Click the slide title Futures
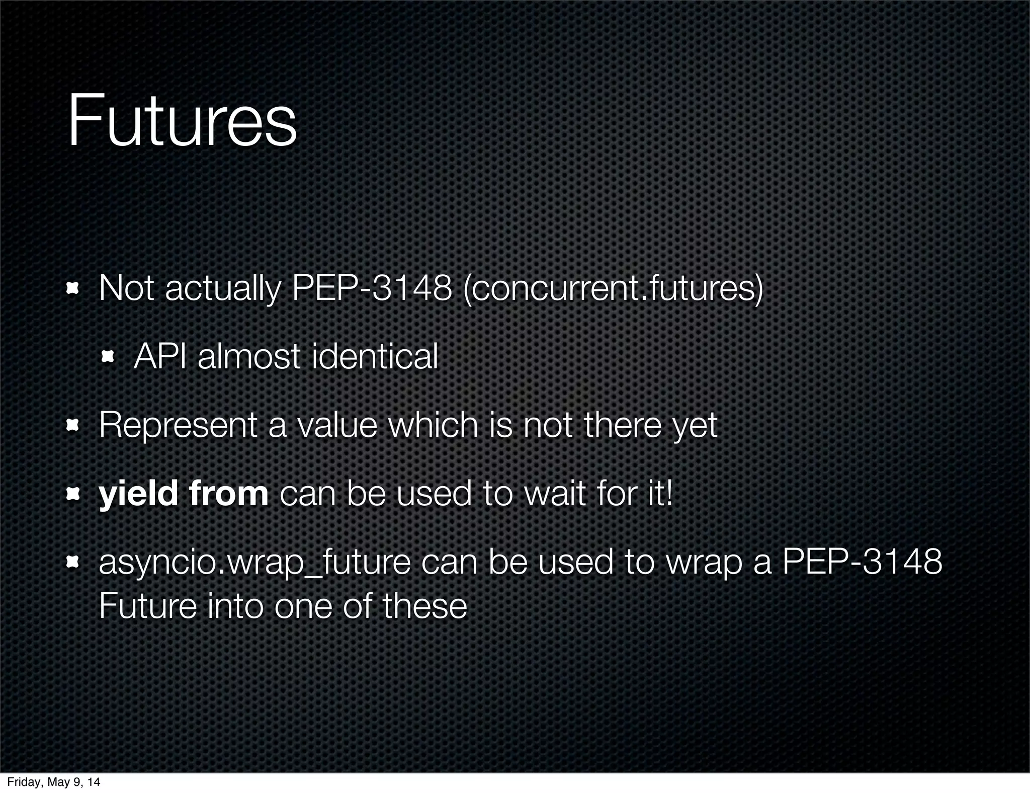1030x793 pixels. (182, 122)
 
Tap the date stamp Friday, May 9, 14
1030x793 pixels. (53, 782)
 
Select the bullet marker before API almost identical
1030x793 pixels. (108, 357)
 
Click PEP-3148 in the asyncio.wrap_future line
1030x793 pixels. (862, 562)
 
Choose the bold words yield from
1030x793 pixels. (184, 494)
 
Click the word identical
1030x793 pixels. (375, 357)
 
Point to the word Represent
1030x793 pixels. (178, 426)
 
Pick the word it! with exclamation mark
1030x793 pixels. (658, 494)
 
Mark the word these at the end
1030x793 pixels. (424, 606)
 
